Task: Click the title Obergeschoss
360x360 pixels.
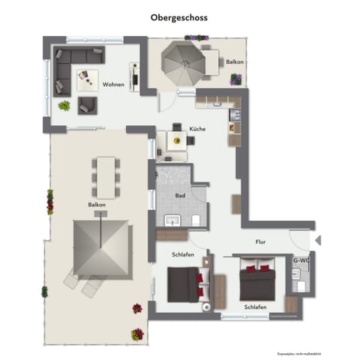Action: (179, 16)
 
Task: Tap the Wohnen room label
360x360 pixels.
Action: (114, 84)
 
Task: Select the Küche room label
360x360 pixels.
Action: (197, 129)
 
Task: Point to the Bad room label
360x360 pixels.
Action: (180, 196)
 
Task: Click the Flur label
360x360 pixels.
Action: (260, 242)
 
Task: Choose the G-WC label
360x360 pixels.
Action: (301, 260)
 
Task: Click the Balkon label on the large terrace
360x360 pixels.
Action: (97, 205)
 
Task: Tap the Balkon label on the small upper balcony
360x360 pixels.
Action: (234, 82)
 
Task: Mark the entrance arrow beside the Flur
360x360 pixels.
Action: (318, 241)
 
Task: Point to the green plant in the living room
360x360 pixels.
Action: (64, 106)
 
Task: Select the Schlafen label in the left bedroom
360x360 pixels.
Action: (182, 255)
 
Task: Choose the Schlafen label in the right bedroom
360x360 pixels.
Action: (255, 307)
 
